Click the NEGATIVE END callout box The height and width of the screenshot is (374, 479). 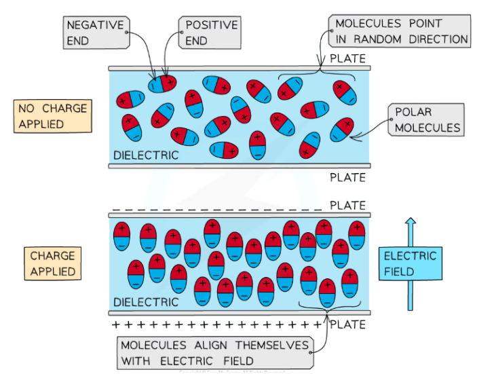[96, 32]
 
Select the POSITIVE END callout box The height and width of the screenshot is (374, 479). [211, 32]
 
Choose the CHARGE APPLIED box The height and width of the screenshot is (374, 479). [52, 263]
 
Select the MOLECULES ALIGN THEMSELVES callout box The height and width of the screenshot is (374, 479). [215, 352]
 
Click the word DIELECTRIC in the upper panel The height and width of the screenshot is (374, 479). [145, 155]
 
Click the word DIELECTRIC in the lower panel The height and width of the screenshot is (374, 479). [145, 302]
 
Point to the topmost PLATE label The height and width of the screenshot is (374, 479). [347, 59]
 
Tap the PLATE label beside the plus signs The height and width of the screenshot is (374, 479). [348, 324]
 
